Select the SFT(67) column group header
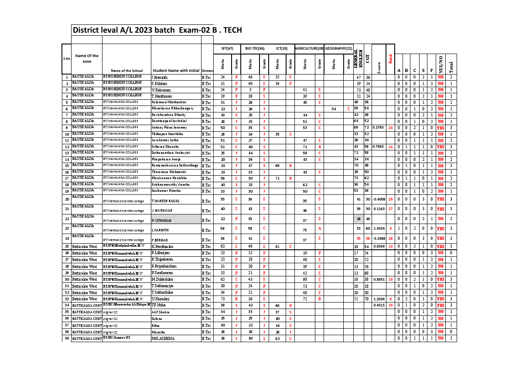227,48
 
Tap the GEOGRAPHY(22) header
338,48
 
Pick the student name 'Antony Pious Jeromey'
169,128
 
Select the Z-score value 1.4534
379,228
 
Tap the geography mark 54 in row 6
334,109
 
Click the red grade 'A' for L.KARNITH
319,228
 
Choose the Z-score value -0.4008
379,199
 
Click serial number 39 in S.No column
67,338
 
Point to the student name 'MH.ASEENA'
163,339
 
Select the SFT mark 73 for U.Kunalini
222,299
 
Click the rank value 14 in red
390,147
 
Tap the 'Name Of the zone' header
87,58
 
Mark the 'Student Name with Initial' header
176,71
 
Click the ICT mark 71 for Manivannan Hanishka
277,178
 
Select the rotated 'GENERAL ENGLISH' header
358,58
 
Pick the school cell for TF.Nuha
126,305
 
